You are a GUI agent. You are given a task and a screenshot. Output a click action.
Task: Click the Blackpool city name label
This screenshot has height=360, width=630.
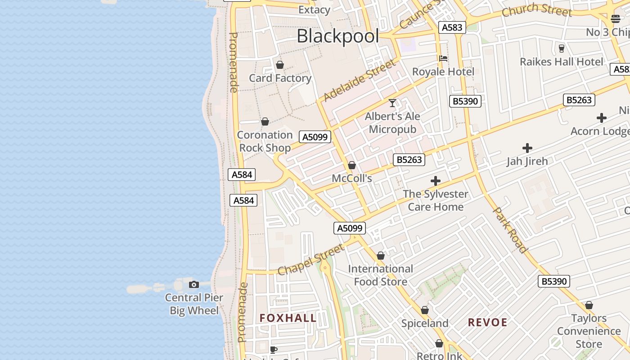pos(337,36)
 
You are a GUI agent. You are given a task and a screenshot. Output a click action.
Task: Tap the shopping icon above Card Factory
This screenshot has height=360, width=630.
pos(280,65)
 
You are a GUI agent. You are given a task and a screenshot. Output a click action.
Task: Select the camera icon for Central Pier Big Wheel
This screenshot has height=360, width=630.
pos(194,284)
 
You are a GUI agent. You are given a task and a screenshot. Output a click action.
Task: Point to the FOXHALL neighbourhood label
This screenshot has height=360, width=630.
pos(288,318)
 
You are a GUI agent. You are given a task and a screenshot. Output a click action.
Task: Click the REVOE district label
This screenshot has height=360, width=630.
pos(488,322)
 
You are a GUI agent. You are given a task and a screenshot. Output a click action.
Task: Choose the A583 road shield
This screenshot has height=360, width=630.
pos(452,27)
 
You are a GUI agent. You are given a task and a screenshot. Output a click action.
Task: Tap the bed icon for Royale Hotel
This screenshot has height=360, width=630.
pos(443,58)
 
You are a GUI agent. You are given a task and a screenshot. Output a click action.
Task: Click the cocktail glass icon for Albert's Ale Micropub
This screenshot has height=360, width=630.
pos(392,103)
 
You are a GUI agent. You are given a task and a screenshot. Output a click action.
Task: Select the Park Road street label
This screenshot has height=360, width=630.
pos(511,229)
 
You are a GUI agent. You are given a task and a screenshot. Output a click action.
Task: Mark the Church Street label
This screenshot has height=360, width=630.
pos(536,10)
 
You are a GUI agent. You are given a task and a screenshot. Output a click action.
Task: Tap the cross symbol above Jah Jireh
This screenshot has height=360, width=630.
pos(527,148)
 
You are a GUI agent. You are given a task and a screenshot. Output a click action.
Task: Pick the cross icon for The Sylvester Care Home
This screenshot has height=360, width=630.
pos(435,181)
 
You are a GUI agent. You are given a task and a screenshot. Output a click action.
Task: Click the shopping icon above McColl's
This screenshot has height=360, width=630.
pos(352,165)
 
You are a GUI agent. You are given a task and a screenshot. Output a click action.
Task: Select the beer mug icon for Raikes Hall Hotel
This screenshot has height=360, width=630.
pos(561,48)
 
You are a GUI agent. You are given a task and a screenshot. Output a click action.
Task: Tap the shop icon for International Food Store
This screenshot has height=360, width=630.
pos(381,256)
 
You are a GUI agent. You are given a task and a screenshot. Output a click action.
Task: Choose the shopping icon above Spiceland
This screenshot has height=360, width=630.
pos(425,310)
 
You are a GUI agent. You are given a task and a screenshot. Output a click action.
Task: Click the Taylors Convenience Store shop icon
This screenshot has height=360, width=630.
pos(589,305)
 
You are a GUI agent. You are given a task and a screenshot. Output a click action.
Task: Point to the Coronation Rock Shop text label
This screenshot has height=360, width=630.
pos(265,141)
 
